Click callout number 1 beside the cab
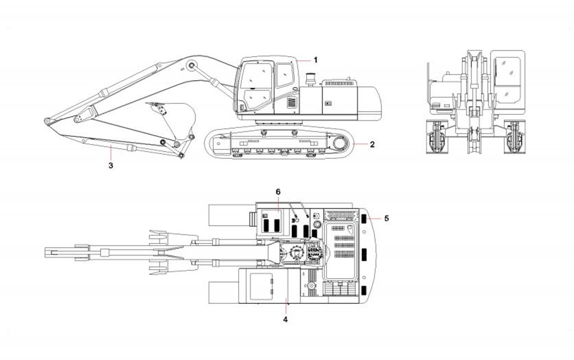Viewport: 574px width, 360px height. (x=316, y=59)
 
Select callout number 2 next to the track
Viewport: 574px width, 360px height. (x=372, y=145)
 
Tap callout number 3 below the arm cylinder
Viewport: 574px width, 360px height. (x=111, y=164)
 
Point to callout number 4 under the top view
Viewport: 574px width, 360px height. (x=285, y=318)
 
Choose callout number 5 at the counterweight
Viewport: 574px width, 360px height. (x=387, y=218)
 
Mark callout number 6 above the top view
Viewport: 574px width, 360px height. (x=278, y=192)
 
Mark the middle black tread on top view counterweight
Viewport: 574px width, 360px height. (x=364, y=255)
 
